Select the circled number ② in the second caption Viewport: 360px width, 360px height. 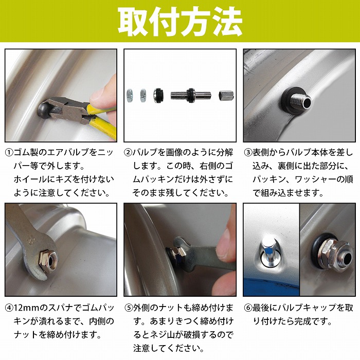coord(129,153)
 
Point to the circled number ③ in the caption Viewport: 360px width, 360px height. coord(248,153)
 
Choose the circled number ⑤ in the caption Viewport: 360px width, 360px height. coord(129,308)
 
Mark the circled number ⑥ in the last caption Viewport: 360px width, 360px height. coord(248,308)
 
